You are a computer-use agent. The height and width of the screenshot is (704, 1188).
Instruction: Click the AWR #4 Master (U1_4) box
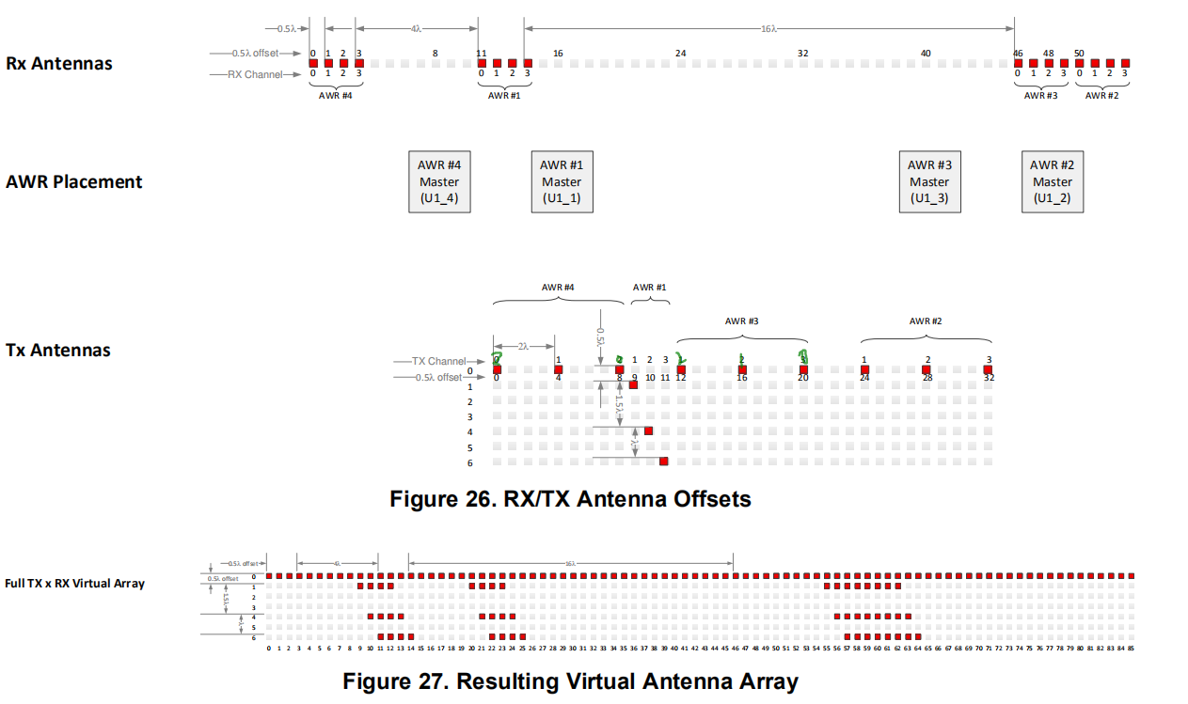pyautogui.click(x=439, y=181)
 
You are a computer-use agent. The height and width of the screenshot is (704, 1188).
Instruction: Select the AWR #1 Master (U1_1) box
pyautogui.click(x=562, y=181)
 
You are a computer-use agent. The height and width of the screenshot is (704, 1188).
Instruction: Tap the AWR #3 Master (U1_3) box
pyautogui.click(x=929, y=181)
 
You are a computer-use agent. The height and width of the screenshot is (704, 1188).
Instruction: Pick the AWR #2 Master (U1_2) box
pyautogui.click(x=1052, y=181)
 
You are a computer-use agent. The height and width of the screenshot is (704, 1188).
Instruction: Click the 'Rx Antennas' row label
pyautogui.click(x=59, y=64)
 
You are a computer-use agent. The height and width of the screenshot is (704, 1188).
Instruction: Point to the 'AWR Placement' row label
pyautogui.click(x=74, y=182)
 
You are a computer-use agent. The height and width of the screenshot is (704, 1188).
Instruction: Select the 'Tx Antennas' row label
pyautogui.click(x=58, y=351)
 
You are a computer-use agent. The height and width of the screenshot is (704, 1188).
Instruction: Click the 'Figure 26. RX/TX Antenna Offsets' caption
pyautogui.click(x=570, y=499)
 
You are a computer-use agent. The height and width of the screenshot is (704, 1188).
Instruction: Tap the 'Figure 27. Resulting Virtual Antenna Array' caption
pyautogui.click(x=570, y=681)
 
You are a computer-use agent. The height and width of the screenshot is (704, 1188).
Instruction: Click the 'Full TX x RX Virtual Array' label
pyautogui.click(x=74, y=583)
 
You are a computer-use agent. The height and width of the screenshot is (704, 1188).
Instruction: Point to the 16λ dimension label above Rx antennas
pyautogui.click(x=768, y=29)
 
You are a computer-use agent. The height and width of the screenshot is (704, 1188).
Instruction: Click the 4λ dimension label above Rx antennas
pyautogui.click(x=416, y=29)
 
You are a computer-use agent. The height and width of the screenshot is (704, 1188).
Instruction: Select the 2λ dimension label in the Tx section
pyautogui.click(x=524, y=347)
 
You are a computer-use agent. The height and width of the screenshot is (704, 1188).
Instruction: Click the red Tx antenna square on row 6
pyautogui.click(x=664, y=462)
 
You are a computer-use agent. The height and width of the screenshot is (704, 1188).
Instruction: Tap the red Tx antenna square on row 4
pyautogui.click(x=649, y=431)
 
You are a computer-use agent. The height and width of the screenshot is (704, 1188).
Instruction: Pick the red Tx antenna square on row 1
pyautogui.click(x=634, y=385)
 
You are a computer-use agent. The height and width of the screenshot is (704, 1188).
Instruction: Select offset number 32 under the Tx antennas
pyautogui.click(x=989, y=378)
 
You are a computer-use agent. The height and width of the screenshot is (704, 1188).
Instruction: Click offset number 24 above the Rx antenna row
pyautogui.click(x=680, y=54)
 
